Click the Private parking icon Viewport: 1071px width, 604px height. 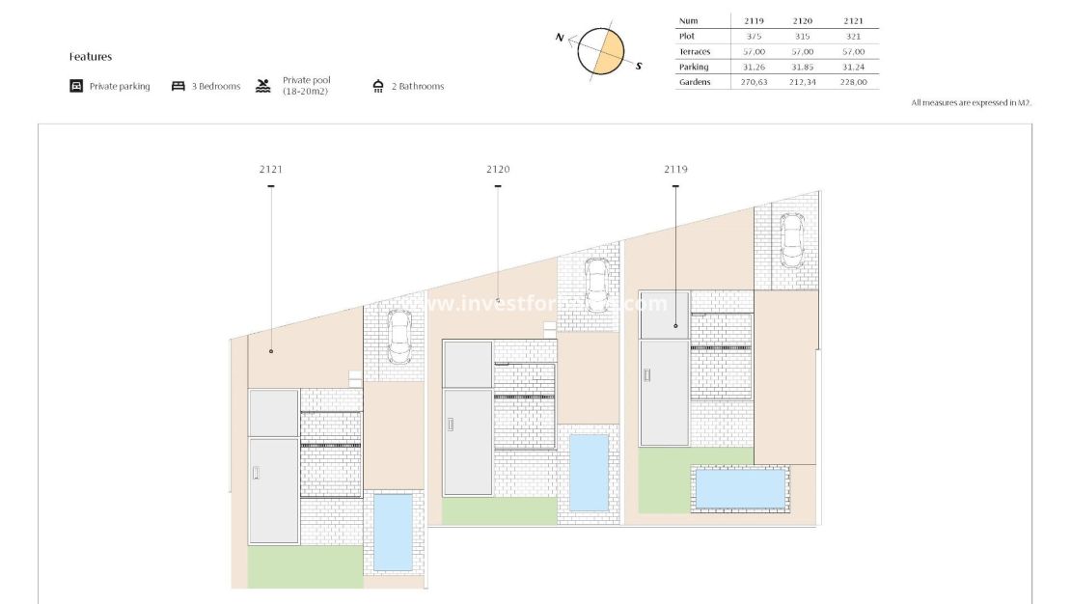pyautogui.click(x=76, y=86)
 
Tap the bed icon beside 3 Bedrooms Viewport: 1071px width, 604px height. pyautogui.click(x=178, y=86)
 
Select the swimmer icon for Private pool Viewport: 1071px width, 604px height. pyautogui.click(x=262, y=85)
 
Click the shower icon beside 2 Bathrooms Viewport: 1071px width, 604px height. pyautogui.click(x=378, y=86)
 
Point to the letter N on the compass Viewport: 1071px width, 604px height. pyautogui.click(x=560, y=37)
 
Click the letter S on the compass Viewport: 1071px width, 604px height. pyautogui.click(x=639, y=66)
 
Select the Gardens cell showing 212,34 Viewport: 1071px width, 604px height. pyautogui.click(x=800, y=82)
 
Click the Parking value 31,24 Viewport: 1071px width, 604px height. pyautogui.click(x=853, y=67)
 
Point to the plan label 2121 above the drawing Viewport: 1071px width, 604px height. pyautogui.click(x=271, y=169)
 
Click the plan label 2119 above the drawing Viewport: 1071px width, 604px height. pyautogui.click(x=675, y=169)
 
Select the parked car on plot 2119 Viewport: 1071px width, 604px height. pyautogui.click(x=791, y=240)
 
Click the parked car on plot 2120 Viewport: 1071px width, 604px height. pyautogui.click(x=595, y=285)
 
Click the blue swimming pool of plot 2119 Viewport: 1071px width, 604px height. pyautogui.click(x=740, y=488)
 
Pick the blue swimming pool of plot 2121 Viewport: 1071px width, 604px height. pyautogui.click(x=392, y=532)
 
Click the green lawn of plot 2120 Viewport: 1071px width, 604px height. pyautogui.click(x=499, y=510)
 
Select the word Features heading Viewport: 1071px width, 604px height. pyautogui.click(x=91, y=57)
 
